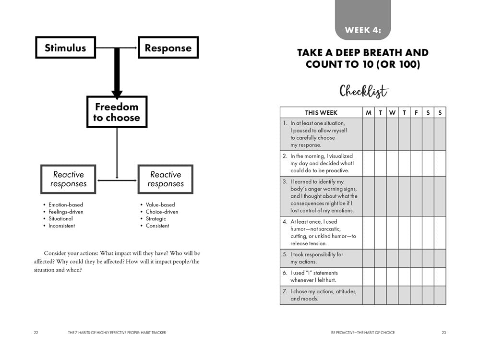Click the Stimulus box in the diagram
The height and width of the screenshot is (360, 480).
point(65,48)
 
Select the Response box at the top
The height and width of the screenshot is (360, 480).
point(168,48)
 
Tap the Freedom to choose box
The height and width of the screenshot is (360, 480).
point(117,112)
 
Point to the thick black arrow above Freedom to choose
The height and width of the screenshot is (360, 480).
point(117,72)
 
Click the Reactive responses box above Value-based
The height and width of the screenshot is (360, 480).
point(166,179)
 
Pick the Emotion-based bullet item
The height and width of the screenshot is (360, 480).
point(65,204)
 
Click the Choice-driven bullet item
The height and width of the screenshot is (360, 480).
point(162,212)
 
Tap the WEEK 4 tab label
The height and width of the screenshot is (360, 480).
point(362,30)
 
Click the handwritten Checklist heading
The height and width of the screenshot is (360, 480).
point(363,91)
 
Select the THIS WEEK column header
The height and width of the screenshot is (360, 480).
point(321,112)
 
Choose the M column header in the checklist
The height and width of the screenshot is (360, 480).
point(369,112)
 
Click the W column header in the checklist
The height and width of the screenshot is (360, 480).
point(392,112)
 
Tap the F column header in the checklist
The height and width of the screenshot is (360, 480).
point(416,112)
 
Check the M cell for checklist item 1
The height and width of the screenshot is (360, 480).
point(369,134)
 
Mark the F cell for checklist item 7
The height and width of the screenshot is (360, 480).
point(416,295)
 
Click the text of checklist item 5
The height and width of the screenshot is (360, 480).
point(316,258)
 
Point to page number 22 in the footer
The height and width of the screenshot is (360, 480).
point(36,333)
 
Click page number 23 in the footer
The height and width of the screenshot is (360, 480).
point(444,333)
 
